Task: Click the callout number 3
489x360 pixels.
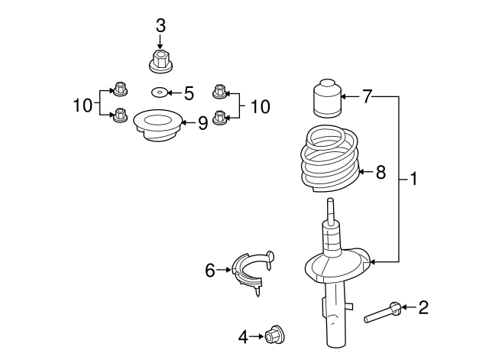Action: (160, 25)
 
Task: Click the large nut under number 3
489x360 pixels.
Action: (160, 62)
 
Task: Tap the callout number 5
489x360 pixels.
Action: (189, 93)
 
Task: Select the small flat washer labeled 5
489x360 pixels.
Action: (159, 93)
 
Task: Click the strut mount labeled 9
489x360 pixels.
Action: (157, 128)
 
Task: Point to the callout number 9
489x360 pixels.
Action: (202, 123)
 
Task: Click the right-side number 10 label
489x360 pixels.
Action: (261, 106)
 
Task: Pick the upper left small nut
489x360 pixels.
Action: (120, 90)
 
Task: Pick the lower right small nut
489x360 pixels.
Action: (220, 118)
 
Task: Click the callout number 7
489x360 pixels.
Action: (367, 97)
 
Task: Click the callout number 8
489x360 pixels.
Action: (381, 172)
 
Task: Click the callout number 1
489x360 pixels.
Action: (414, 180)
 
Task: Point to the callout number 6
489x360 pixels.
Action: (209, 269)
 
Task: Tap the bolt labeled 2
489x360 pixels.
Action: (384, 312)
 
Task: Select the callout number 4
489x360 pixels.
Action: (243, 335)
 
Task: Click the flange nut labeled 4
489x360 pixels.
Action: (274, 335)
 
